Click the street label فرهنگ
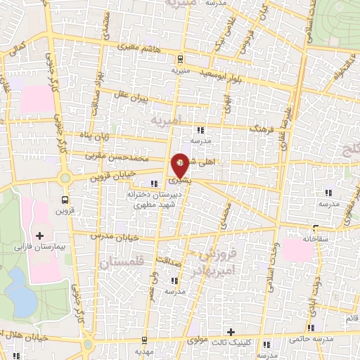pyautogui.click(x=262, y=130)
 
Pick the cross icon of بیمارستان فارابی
pyautogui.click(x=39, y=236)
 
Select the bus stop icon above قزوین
pyautogui.click(x=65, y=199)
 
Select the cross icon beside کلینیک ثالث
pyautogui.click(x=231, y=331)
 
